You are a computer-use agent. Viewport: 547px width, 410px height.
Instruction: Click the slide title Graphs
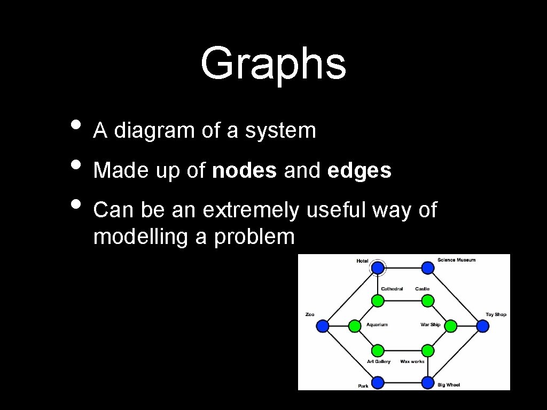273,63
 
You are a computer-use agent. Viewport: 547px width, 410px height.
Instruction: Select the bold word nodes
244,171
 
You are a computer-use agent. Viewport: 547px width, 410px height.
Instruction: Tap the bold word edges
360,171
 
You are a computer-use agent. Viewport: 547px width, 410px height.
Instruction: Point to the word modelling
140,236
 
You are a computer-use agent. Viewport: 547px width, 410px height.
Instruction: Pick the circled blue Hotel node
378,267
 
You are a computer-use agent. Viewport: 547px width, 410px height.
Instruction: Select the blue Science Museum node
427,267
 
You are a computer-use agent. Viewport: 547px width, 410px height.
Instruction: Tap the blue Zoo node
322,326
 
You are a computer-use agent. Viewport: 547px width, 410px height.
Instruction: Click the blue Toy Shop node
483,326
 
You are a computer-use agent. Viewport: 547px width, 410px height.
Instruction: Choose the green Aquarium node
355,326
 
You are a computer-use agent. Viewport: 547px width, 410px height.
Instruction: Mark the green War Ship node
450,326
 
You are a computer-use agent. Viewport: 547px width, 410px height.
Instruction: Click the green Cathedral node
378,301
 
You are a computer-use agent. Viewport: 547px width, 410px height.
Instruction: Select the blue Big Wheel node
427,383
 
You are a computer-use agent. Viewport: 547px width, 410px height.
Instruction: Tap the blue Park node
378,383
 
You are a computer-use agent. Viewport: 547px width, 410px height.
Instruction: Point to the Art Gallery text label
378,361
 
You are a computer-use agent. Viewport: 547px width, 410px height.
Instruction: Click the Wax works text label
412,361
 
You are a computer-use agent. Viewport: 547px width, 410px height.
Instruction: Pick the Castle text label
422,289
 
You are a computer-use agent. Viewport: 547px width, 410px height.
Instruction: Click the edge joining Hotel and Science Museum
403,267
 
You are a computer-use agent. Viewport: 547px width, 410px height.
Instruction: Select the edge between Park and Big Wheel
403,383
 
